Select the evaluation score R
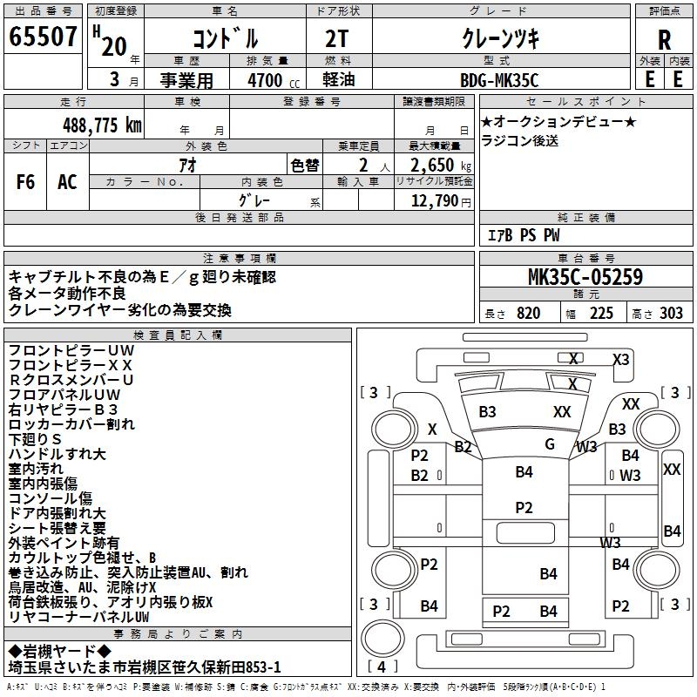664,40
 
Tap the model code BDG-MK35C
499,80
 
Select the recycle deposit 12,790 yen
439,201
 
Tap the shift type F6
25,182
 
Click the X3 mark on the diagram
621,359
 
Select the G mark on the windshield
550,443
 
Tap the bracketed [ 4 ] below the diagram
381,667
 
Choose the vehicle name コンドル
225,38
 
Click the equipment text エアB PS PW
523,235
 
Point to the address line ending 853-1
145,667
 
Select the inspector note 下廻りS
35,439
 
